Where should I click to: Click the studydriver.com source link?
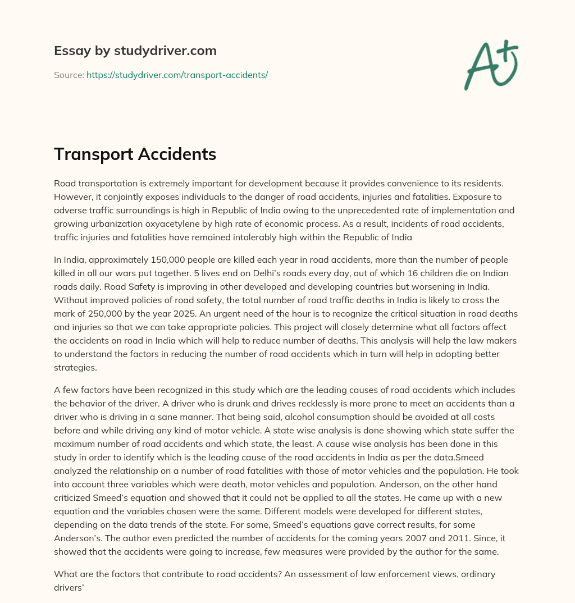tap(177, 75)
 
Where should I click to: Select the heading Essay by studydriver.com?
tap(135, 51)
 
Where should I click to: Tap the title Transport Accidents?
tap(135, 154)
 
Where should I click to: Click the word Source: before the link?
tap(69, 75)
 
